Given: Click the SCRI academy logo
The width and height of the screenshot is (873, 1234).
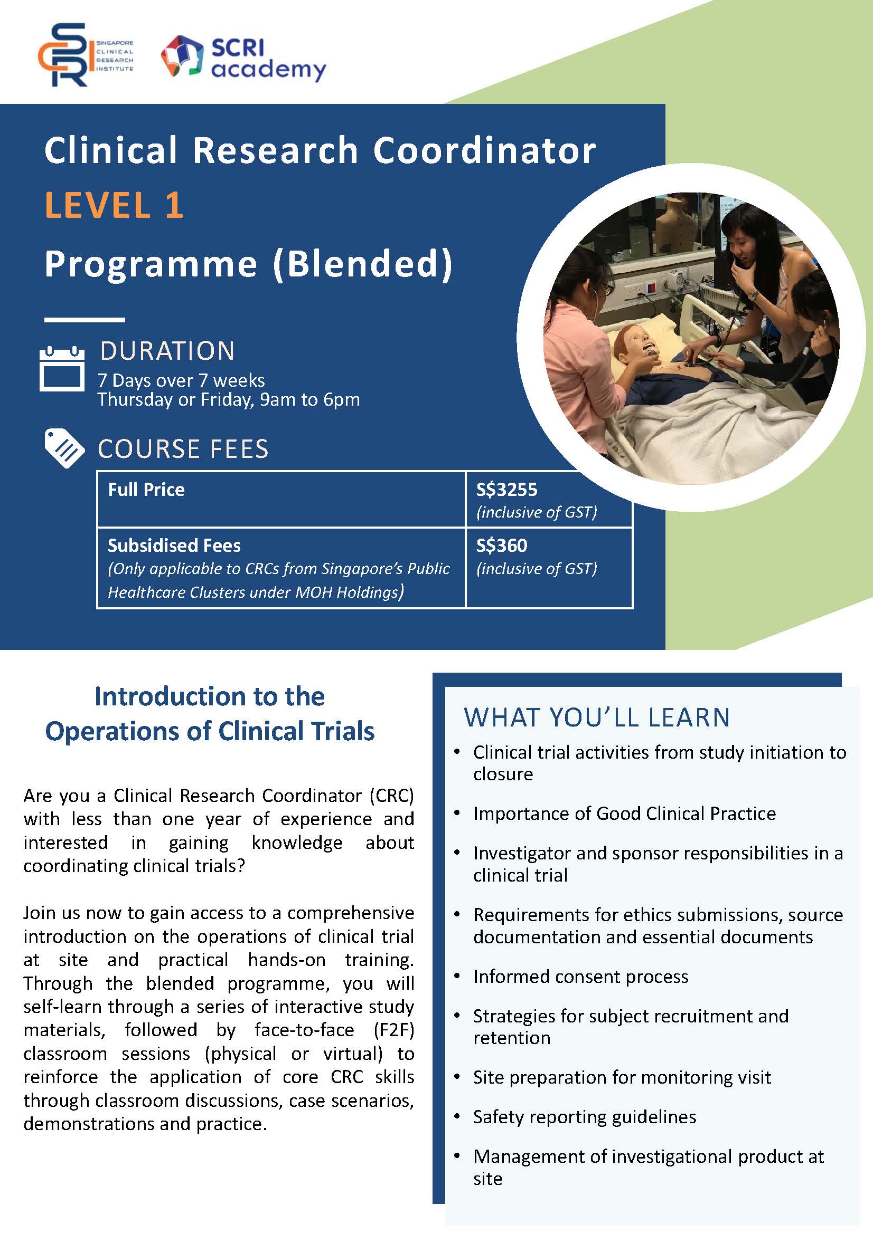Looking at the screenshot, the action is (243, 59).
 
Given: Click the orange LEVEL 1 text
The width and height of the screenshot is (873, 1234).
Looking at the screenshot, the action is (114, 205).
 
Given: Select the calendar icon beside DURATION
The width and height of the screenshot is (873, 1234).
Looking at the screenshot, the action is (62, 368).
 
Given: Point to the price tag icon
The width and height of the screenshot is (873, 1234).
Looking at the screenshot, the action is (64, 449).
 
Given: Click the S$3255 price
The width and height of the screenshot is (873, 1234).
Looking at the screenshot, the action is (506, 490).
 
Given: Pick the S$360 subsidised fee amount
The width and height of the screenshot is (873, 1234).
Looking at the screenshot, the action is (502, 546).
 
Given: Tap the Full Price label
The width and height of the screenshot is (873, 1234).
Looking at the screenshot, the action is (146, 490).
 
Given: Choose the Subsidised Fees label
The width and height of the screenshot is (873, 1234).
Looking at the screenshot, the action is (174, 546).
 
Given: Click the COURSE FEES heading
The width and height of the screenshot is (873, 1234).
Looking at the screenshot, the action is (183, 449).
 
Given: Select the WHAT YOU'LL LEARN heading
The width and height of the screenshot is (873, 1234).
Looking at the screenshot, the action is (597, 717).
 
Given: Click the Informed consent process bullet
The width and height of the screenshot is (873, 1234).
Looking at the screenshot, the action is (580, 977).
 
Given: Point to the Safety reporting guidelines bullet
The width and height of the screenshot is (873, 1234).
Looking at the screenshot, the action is (585, 1117).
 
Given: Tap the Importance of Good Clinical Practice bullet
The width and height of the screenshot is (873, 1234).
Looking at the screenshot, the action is (624, 814).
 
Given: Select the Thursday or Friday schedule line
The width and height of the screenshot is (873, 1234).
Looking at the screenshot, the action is (229, 400).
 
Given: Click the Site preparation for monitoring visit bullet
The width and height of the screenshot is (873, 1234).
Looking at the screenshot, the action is (622, 1077).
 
